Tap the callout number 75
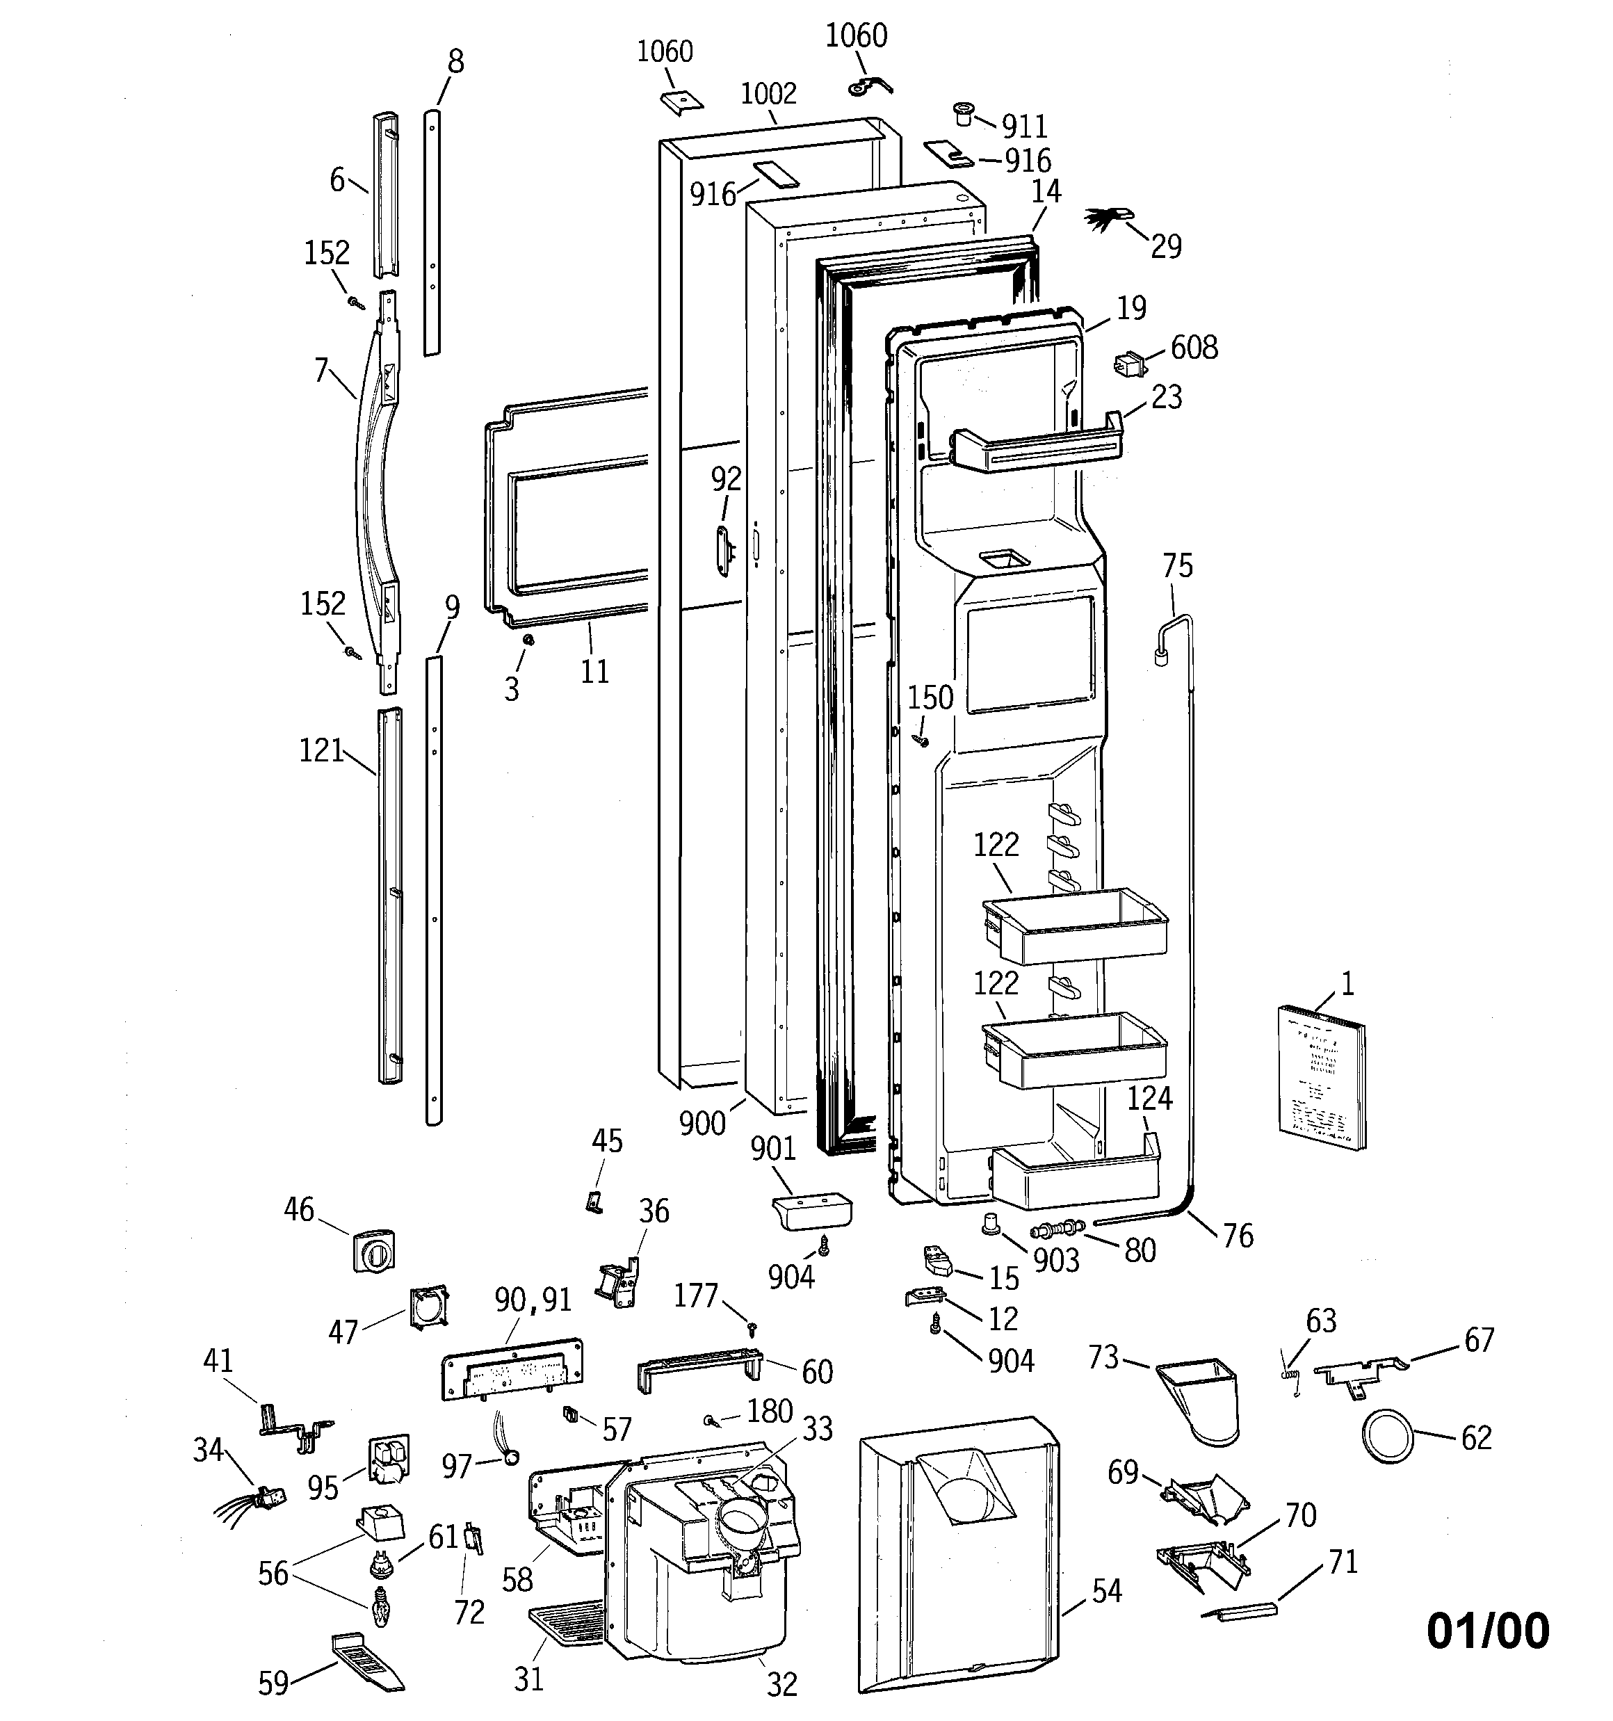point(1178,566)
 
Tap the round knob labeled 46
point(373,1250)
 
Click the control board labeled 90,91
point(512,1367)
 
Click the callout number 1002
point(768,93)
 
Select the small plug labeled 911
point(963,113)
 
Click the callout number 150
point(931,697)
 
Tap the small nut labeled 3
point(526,639)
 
